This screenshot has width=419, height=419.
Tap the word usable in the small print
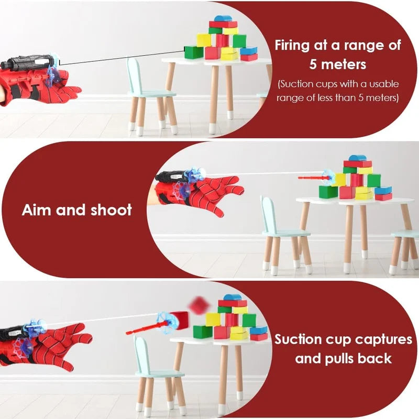(x=382, y=84)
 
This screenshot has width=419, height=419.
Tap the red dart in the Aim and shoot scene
(x=314, y=178)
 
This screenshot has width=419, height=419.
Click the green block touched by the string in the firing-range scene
(x=194, y=51)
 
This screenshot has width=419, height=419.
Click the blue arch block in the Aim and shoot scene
(x=358, y=159)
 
